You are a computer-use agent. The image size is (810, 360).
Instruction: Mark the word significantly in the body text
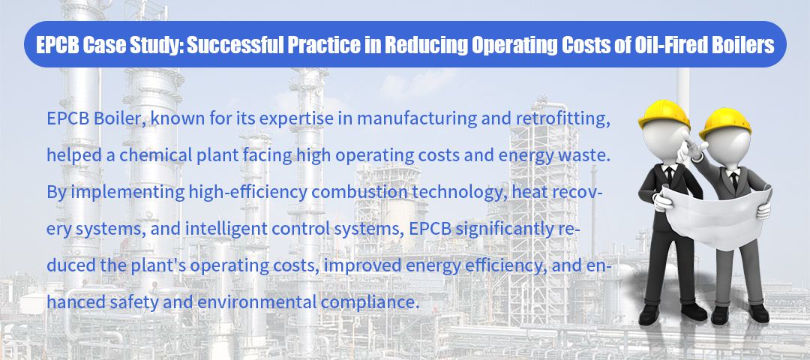(x=500, y=229)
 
